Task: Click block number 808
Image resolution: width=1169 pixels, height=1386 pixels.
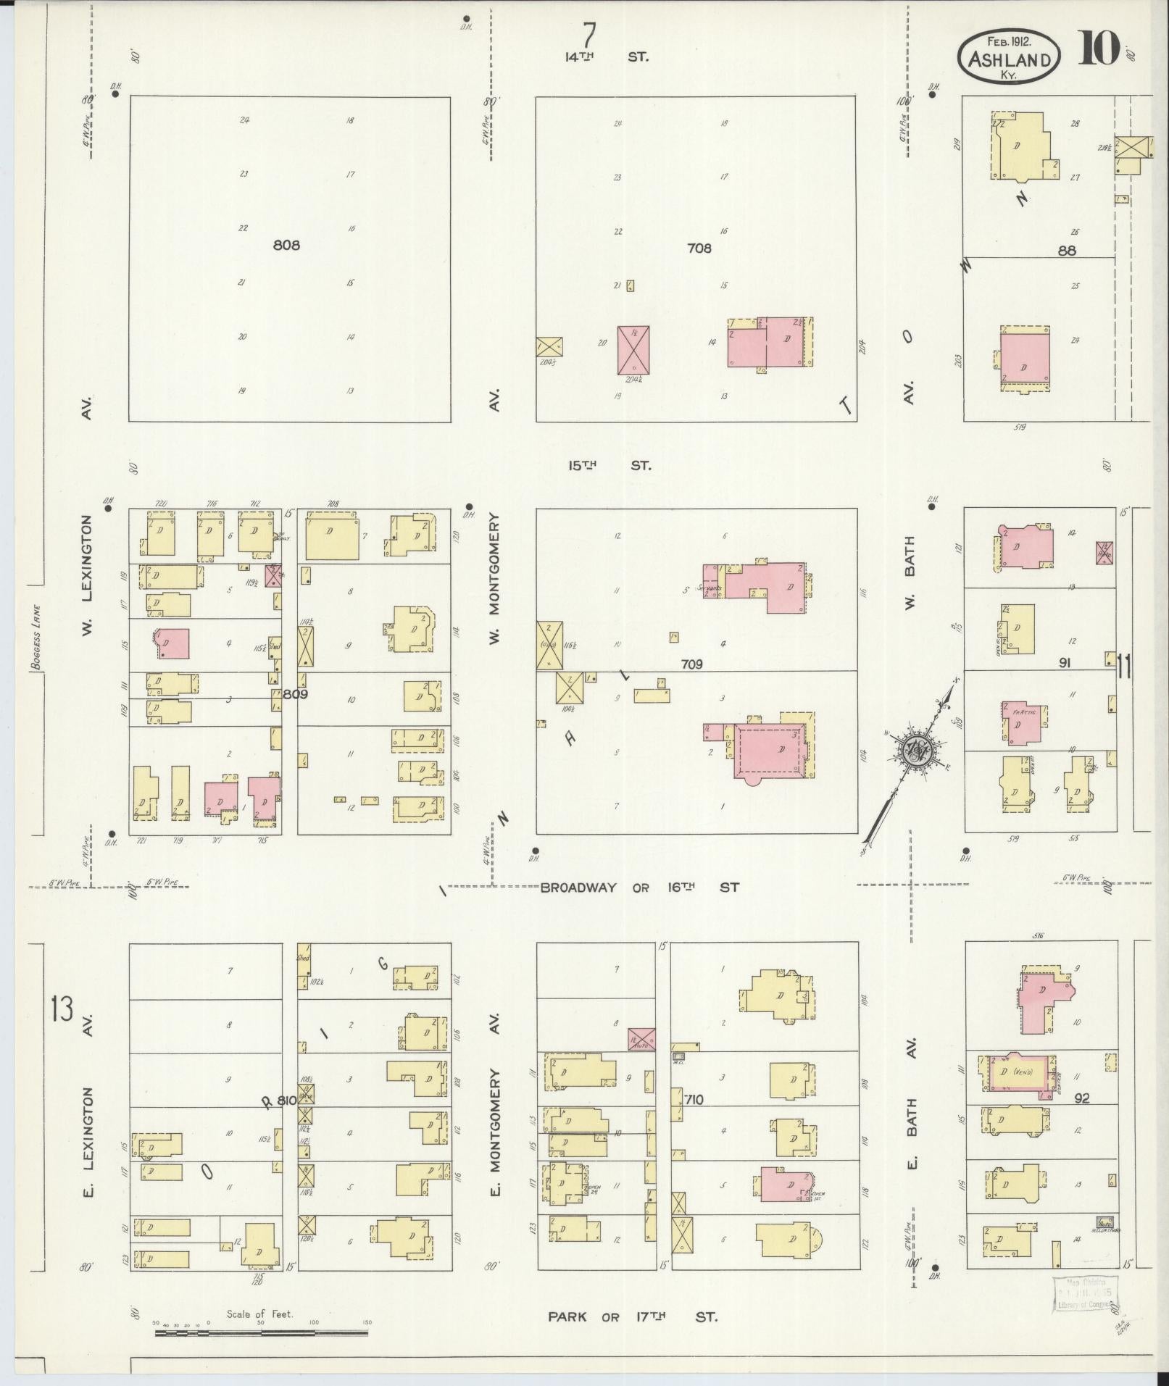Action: coord(286,245)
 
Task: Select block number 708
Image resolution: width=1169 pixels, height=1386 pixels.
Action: coord(699,249)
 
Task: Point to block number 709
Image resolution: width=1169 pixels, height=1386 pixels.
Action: coord(691,664)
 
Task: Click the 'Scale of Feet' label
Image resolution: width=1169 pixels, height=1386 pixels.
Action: coord(259,1314)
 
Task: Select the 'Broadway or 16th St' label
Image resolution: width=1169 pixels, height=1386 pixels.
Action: coord(640,887)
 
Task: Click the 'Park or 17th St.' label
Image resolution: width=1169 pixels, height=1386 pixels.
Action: coord(632,1316)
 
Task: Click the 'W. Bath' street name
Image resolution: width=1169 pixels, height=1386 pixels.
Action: coord(910,572)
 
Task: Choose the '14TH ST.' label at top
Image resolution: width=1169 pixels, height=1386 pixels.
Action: coord(607,56)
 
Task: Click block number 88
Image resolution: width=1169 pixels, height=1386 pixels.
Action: coord(1066,251)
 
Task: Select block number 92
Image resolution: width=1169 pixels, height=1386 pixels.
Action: coord(1082,1099)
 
